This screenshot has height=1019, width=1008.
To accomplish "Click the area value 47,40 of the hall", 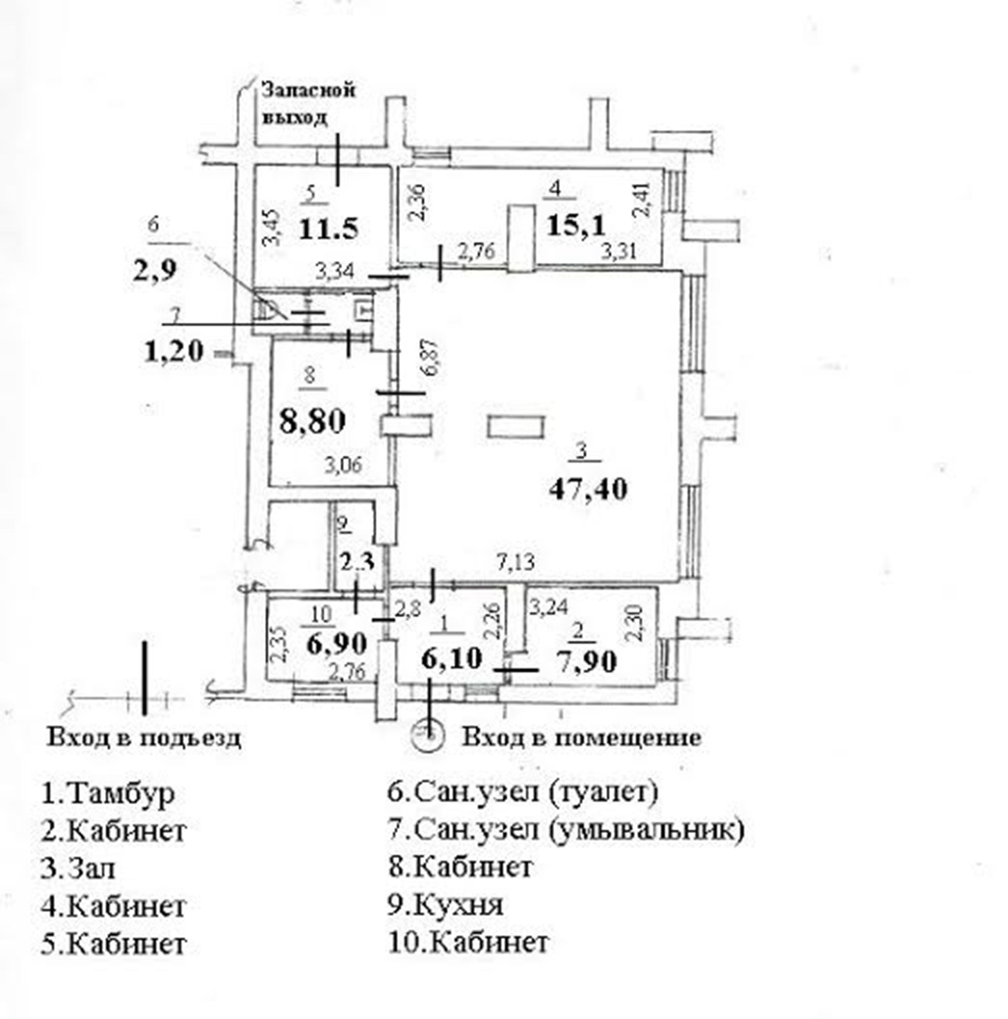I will [588, 489].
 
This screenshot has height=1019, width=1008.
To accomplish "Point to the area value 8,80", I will [312, 421].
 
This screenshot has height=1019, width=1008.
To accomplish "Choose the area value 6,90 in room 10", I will [336, 643].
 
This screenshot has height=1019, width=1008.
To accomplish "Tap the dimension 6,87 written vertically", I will [432, 358].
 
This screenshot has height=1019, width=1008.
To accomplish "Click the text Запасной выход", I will [309, 103].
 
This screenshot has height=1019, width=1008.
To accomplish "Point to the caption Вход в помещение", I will [581, 738].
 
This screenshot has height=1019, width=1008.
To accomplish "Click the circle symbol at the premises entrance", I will [430, 733].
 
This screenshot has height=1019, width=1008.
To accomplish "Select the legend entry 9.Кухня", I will [446, 904].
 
